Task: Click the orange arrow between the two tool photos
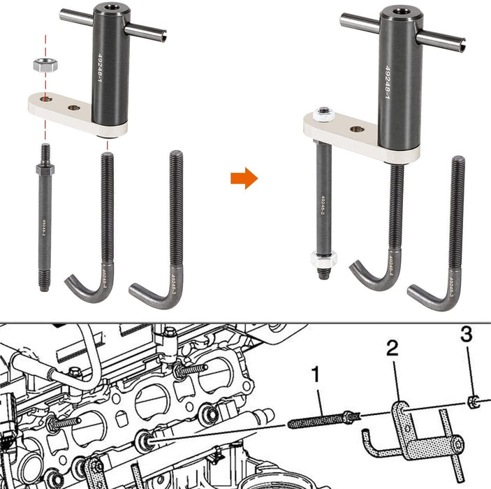coord(244,179)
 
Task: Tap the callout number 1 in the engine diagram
coord(316,375)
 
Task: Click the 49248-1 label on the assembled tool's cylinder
coord(387,84)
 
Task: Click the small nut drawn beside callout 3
coord(473,401)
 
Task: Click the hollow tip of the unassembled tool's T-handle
coord(164,35)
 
